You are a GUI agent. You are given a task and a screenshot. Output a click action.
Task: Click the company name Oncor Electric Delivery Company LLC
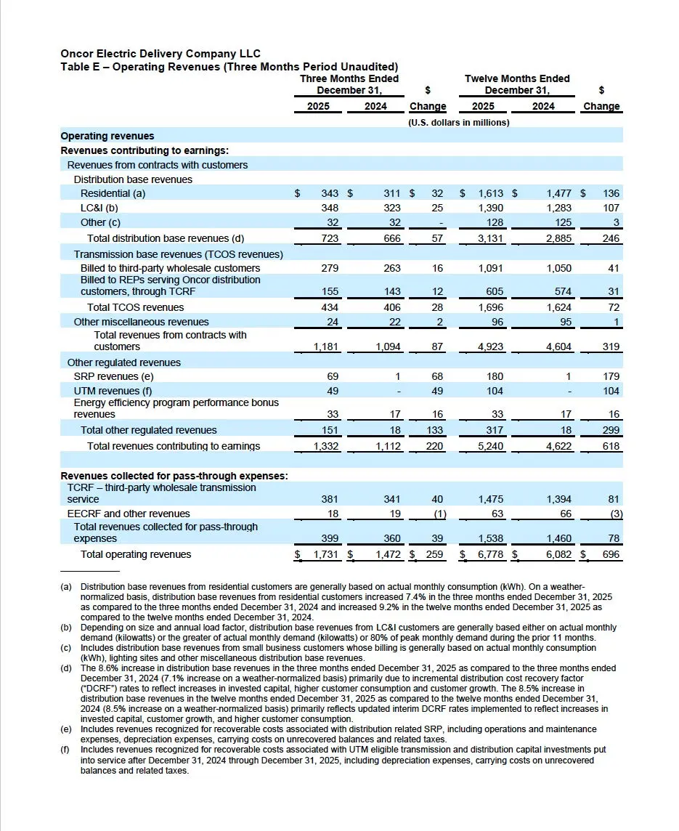[x=160, y=54]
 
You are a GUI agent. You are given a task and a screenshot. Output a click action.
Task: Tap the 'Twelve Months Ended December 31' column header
[x=517, y=84]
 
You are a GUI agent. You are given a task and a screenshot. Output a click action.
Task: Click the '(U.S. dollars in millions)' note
[x=459, y=122]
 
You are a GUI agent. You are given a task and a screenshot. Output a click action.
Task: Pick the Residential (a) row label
[x=113, y=194]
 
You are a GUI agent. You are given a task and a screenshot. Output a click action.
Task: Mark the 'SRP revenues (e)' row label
[x=113, y=376]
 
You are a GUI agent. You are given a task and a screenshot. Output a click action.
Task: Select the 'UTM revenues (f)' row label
[x=113, y=391]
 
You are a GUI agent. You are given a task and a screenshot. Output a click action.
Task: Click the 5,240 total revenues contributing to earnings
[x=491, y=446]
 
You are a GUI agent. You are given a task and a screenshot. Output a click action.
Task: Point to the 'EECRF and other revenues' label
[x=124, y=514]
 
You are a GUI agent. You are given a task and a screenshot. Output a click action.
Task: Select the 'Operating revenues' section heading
[x=107, y=136]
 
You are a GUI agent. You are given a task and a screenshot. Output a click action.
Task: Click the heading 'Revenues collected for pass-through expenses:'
[x=174, y=476]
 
